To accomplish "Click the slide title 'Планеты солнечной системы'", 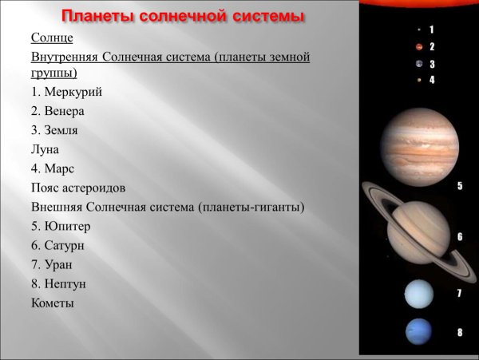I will pyautogui.click(x=183, y=17).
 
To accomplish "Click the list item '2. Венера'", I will pyautogui.click(x=57, y=111).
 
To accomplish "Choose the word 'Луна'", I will pyautogui.click(x=45, y=149).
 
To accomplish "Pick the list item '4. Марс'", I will pyautogui.click(x=52, y=168).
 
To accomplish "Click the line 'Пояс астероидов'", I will pyautogui.click(x=78, y=188).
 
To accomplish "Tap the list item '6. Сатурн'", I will pyautogui.click(x=57, y=245).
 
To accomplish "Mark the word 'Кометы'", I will pyautogui.click(x=53, y=303).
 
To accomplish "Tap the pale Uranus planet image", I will pyautogui.click(x=418, y=295).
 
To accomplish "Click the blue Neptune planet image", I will pyautogui.click(x=418, y=331).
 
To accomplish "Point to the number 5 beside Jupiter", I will pyautogui.click(x=460, y=186).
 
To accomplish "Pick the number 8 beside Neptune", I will pyautogui.click(x=459, y=331).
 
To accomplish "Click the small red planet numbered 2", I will pyautogui.click(x=418, y=47).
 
